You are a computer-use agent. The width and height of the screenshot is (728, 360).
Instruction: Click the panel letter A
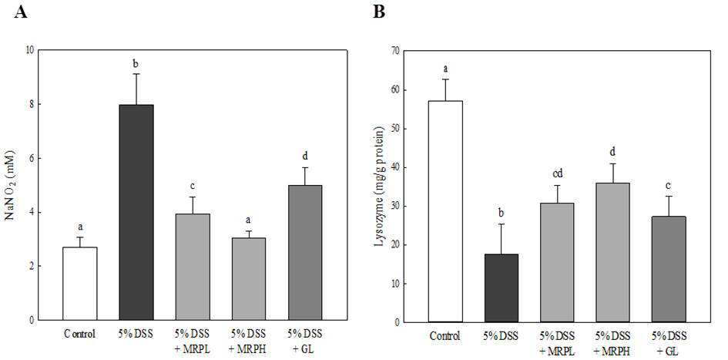21,12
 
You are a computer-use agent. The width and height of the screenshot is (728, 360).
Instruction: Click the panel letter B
379,12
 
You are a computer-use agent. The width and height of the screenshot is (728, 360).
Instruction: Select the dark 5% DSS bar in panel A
136,212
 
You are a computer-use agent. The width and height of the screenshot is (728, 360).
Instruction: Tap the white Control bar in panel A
80,284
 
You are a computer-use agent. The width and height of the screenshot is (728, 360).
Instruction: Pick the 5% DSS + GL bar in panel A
305,253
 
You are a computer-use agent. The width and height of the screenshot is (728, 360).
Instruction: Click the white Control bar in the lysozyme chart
445,211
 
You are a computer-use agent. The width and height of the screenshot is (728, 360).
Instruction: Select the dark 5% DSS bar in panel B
501,288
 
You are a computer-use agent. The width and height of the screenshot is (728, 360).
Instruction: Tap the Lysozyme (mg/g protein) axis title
378,186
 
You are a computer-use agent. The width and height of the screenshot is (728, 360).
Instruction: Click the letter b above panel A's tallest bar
136,64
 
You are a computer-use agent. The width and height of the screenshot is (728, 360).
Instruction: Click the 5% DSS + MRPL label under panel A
193,338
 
